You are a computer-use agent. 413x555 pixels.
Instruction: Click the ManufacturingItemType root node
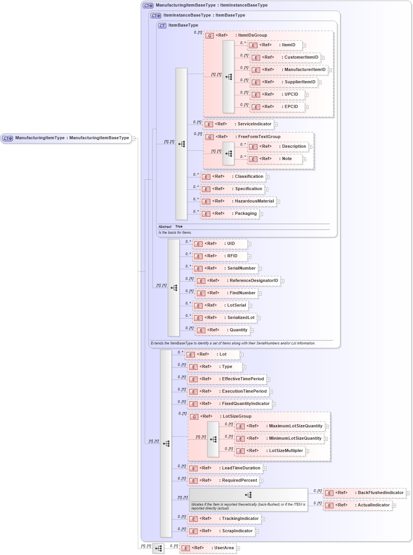(66, 138)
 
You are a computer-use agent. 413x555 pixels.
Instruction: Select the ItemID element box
(275, 45)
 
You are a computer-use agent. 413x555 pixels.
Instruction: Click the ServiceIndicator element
(238, 124)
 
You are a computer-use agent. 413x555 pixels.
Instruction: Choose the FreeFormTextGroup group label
(259, 137)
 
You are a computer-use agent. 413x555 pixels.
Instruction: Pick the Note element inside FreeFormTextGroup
(274, 159)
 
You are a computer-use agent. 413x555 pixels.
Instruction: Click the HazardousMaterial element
(239, 201)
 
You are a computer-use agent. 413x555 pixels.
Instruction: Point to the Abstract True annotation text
(170, 227)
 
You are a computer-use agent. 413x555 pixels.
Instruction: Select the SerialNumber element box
(225, 268)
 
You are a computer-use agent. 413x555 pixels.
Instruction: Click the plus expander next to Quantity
(252, 331)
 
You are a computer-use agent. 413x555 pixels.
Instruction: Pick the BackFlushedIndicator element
(365, 493)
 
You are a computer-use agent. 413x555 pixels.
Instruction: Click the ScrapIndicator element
(221, 531)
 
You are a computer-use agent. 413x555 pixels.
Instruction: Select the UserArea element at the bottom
(208, 548)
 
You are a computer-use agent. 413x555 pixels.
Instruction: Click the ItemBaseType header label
(183, 25)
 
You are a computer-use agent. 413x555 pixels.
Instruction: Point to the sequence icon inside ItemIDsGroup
(229, 77)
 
